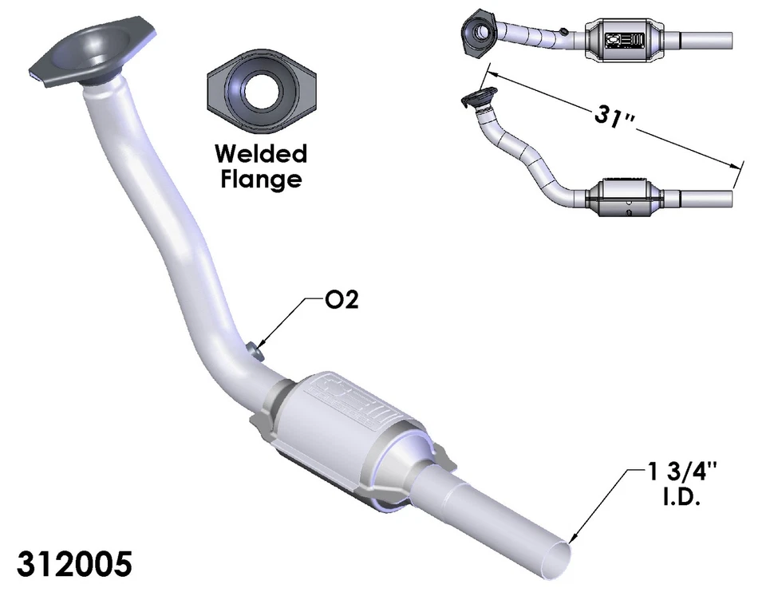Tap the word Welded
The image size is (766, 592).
pyautogui.click(x=260, y=153)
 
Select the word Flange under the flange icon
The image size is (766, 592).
pyautogui.click(x=260, y=179)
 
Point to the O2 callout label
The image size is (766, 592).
pyautogui.click(x=342, y=301)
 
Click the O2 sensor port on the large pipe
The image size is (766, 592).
pyautogui.click(x=254, y=349)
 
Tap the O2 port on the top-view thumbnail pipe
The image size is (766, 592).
pyautogui.click(x=564, y=31)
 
